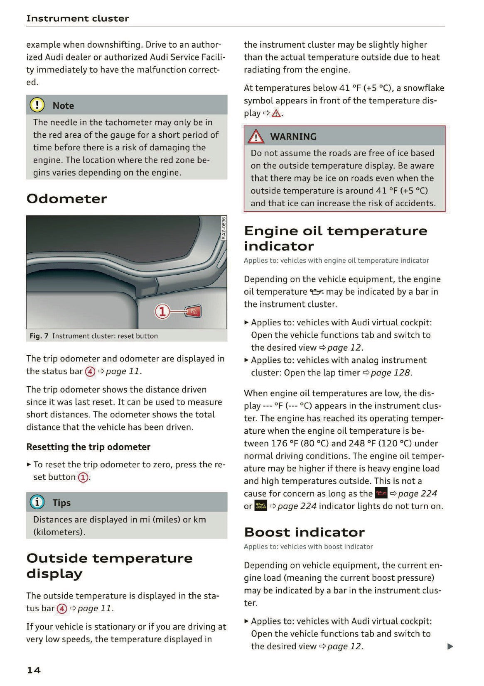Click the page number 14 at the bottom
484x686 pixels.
click(34, 670)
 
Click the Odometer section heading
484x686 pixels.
click(66, 199)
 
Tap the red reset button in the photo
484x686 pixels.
click(193, 311)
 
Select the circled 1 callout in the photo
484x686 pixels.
click(162, 311)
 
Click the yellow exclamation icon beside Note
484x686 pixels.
click(37, 105)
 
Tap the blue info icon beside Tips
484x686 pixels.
click(37, 502)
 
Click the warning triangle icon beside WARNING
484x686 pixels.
click(256, 136)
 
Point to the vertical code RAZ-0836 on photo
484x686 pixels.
click(223, 228)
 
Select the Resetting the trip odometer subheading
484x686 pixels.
click(88, 447)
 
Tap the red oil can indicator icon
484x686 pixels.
click(381, 493)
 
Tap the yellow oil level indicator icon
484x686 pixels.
click(260, 506)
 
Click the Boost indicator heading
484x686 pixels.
click(304, 532)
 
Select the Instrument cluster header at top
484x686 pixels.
click(77, 18)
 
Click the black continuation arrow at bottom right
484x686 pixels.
click(450, 646)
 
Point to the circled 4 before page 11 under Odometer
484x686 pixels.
click(90, 371)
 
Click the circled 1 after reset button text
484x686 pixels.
click(84, 477)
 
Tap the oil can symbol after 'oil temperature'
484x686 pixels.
click(317, 292)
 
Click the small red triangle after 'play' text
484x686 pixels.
click(276, 113)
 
